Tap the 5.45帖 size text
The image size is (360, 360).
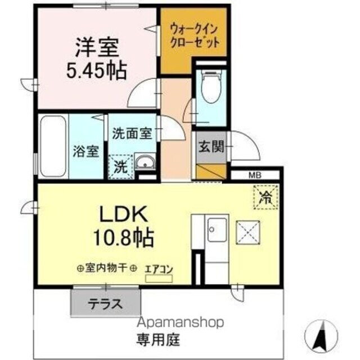(97, 71)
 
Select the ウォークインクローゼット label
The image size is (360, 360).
(193, 35)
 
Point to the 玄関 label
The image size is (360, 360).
(211, 147)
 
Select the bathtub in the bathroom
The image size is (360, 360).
(53, 146)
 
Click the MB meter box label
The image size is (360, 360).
(256, 175)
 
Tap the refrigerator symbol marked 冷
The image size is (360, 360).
(264, 197)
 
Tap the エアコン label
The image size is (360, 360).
(159, 269)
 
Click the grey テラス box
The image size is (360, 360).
(105, 304)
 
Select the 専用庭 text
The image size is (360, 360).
(157, 340)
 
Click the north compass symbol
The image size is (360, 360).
(323, 336)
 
